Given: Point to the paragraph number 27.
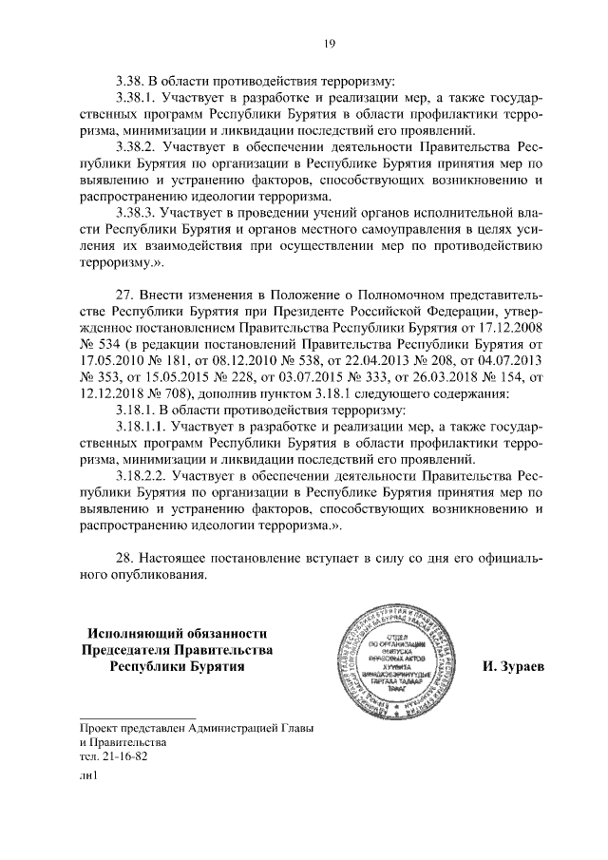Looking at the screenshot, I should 125,291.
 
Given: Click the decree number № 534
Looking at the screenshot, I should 97,342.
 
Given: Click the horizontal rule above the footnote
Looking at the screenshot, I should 137,716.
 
